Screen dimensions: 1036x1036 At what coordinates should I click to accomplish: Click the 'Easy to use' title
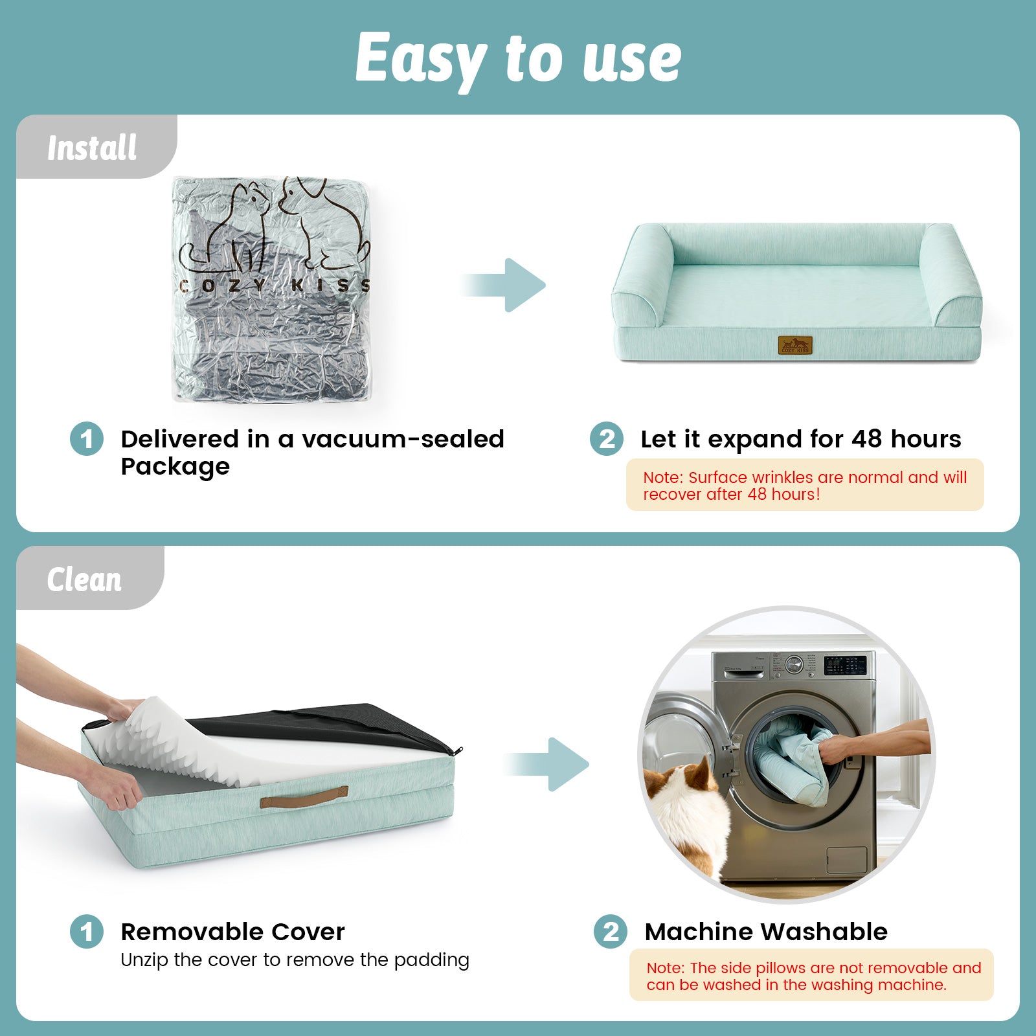pos(518,58)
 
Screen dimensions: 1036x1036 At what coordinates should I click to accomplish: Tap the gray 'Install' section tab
pos(93,148)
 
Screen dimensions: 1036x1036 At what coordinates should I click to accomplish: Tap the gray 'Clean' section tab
pos(85,579)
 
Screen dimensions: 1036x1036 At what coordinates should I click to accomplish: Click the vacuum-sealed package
pos(272,289)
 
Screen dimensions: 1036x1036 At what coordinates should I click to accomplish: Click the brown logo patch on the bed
pos(795,345)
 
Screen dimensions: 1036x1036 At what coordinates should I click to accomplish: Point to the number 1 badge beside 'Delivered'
pos(87,439)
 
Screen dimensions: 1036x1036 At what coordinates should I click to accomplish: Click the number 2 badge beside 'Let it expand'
pos(607,439)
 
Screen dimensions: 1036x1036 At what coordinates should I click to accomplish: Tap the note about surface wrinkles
pos(804,485)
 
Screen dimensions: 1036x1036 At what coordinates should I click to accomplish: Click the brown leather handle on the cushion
pos(304,797)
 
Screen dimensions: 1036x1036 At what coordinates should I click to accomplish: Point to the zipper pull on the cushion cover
pos(458,751)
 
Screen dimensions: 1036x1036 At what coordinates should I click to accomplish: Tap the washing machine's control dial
pos(793,664)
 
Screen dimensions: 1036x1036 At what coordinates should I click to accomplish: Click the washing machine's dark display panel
pos(844,666)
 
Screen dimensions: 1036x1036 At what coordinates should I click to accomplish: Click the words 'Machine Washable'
pos(766,932)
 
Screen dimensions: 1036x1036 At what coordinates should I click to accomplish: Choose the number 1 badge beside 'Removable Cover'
pos(87,932)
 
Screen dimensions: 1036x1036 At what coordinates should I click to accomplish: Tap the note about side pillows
pos(811,976)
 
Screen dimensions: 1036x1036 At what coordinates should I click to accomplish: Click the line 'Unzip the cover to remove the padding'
pos(295,960)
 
